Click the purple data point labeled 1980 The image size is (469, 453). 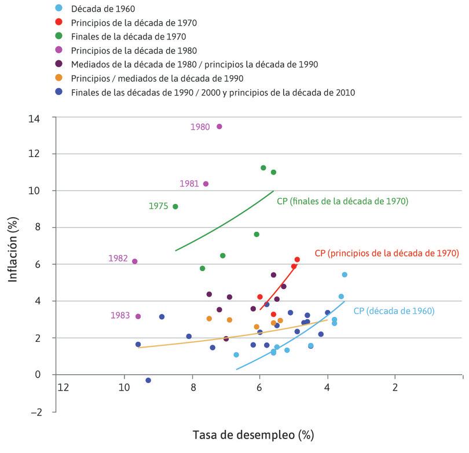pos(219,126)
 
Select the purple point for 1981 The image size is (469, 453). pos(206,184)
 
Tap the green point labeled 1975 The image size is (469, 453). pos(175,206)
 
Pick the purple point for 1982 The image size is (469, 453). pos(135,261)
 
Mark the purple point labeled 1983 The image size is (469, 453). pos(138,316)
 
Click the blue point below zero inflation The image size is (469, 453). pos(148,380)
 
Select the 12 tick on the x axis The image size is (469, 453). pos(63,388)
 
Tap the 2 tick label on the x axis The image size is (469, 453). pos(395,388)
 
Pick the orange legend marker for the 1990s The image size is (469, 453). pos(58,78)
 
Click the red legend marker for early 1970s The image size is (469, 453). pos(58,23)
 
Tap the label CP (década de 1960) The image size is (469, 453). pos(394,310)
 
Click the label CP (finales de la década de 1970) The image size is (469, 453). pos(343,201)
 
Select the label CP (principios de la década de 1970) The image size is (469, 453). pos(387,253)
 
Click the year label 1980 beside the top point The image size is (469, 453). pos(200,127)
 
